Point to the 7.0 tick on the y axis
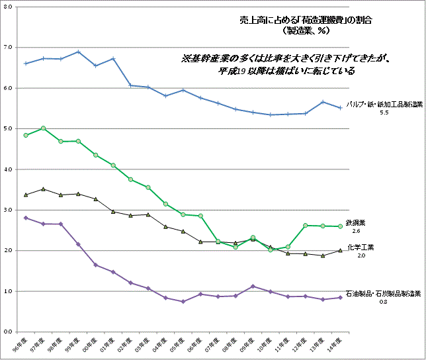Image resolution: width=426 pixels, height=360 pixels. (x=8, y=47)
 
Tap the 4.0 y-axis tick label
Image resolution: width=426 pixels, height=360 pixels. (x=8, y=169)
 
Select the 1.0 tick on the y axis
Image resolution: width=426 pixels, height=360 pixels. (x=8, y=291)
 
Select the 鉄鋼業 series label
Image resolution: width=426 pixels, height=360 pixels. (x=356, y=224)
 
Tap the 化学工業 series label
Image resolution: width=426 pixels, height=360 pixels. (x=361, y=247)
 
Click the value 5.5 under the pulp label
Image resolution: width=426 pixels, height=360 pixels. (x=384, y=113)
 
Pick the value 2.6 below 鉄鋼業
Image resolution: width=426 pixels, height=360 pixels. (x=356, y=232)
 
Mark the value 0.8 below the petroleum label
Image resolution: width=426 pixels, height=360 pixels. (x=383, y=302)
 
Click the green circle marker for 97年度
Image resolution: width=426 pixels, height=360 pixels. (x=43, y=128)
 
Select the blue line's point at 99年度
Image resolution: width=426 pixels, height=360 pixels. (x=78, y=52)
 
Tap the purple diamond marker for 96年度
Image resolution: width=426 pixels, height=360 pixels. (x=26, y=218)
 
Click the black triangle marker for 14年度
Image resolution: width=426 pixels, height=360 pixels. (x=340, y=250)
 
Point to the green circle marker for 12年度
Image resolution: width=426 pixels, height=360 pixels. (x=305, y=226)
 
